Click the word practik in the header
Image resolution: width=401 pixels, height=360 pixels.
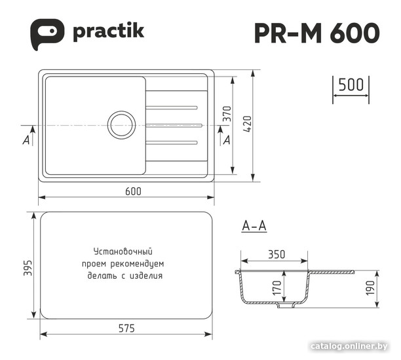point(108,31)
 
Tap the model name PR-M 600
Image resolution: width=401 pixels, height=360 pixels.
point(316,33)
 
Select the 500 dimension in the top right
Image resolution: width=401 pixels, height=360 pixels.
point(351,85)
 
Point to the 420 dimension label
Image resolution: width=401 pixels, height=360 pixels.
point(247,122)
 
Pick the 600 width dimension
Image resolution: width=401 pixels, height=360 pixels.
point(133,191)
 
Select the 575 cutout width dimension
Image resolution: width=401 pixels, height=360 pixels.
point(126,329)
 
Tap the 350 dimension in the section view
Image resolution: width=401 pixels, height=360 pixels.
point(276,255)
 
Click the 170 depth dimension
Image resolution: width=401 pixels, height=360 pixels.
point(277,287)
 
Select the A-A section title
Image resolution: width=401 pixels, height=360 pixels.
point(254,226)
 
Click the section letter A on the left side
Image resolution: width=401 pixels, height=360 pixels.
point(26,140)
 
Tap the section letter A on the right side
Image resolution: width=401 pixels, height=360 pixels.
point(227,140)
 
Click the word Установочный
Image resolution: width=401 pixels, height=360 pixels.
point(123,251)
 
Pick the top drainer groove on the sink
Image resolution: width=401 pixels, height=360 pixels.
point(171,105)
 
